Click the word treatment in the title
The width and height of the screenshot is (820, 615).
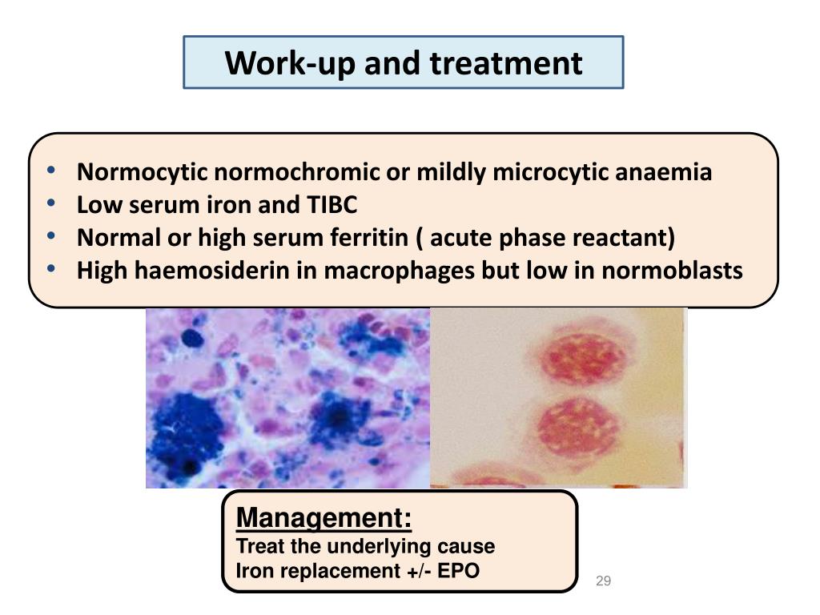(506, 63)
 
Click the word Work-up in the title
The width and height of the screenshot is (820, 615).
(291, 64)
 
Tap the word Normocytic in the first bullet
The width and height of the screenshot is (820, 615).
(143, 173)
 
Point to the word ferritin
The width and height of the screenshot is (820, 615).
(369, 237)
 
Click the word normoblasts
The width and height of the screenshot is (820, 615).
(672, 271)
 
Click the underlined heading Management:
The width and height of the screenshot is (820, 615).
(324, 518)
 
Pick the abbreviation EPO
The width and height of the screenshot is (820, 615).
(458, 570)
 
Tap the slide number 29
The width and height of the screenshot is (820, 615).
(603, 581)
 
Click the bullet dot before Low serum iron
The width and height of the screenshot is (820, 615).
(50, 203)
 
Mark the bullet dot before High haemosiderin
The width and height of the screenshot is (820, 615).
(50, 269)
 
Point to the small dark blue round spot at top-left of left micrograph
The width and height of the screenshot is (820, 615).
(192, 339)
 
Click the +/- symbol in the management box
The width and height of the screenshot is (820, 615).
(418, 571)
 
